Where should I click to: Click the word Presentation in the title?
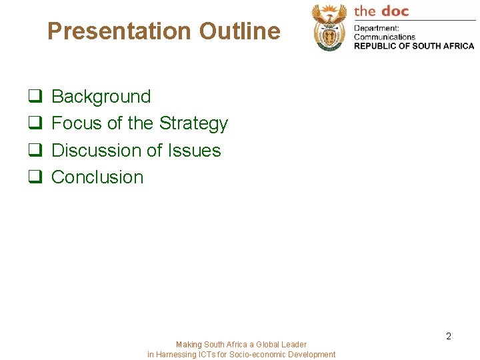click(x=118, y=31)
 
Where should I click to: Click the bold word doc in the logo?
click(x=395, y=11)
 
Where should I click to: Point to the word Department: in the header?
click(x=376, y=28)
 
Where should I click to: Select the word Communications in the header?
click(x=385, y=37)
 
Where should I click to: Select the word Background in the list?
click(x=101, y=97)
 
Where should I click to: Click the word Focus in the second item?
click(x=76, y=123)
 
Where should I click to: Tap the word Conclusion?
click(x=97, y=177)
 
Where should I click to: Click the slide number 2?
click(x=449, y=336)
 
